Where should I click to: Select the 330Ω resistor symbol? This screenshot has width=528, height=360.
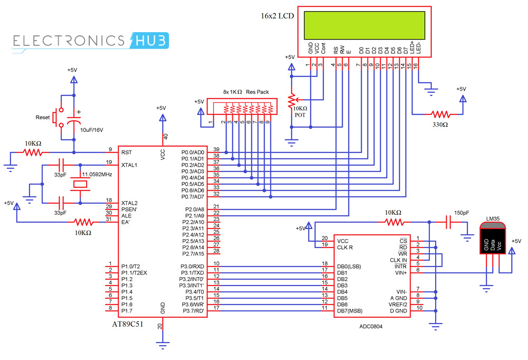440,114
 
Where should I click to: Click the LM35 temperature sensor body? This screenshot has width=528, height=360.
492,240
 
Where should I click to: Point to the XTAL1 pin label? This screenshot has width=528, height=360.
129,165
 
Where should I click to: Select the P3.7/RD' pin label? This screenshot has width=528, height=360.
192,311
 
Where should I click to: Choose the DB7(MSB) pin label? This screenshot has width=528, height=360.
350,311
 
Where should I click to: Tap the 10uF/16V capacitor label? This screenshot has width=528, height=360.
91,129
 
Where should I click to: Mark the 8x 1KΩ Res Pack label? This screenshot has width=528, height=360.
246,92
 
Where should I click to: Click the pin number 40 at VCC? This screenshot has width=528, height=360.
165,137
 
